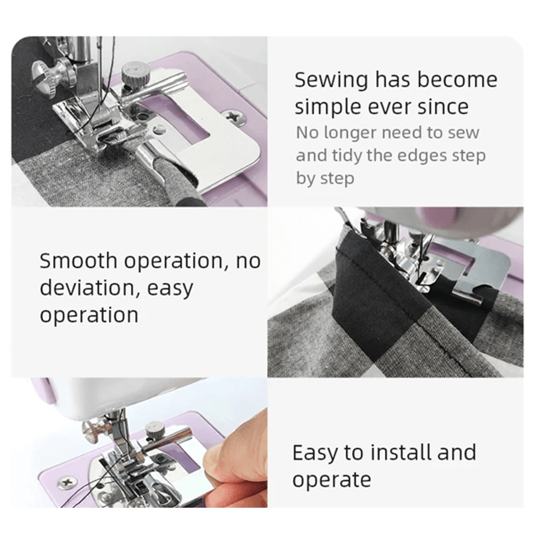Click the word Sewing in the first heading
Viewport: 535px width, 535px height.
331,81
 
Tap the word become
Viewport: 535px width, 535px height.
457,80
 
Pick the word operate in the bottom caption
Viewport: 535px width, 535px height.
331,479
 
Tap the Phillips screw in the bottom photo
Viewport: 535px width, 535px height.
68,481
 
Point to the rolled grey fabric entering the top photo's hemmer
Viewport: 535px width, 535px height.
177,185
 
